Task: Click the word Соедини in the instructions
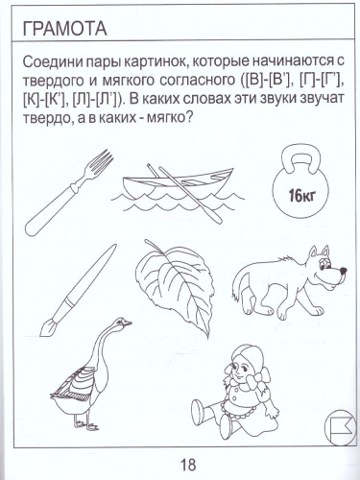click(x=48, y=60)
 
